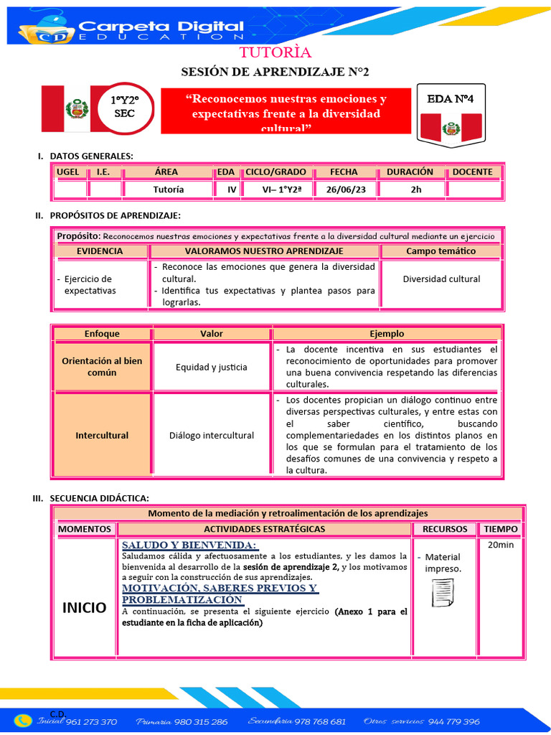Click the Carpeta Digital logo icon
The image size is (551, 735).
(x=41, y=28)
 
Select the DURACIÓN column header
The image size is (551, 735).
(x=410, y=172)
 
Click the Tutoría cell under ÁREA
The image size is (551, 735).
(x=169, y=189)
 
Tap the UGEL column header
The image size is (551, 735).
(x=68, y=172)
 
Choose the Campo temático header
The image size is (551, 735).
(x=441, y=251)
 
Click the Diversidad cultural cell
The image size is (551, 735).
(x=441, y=279)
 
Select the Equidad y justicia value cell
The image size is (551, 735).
(x=212, y=367)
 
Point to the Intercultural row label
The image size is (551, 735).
(x=102, y=435)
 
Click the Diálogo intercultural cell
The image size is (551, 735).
(x=212, y=435)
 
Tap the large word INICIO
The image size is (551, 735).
(x=84, y=607)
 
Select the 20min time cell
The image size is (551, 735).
(x=500, y=545)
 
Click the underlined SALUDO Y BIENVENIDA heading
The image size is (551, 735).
(x=189, y=545)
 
